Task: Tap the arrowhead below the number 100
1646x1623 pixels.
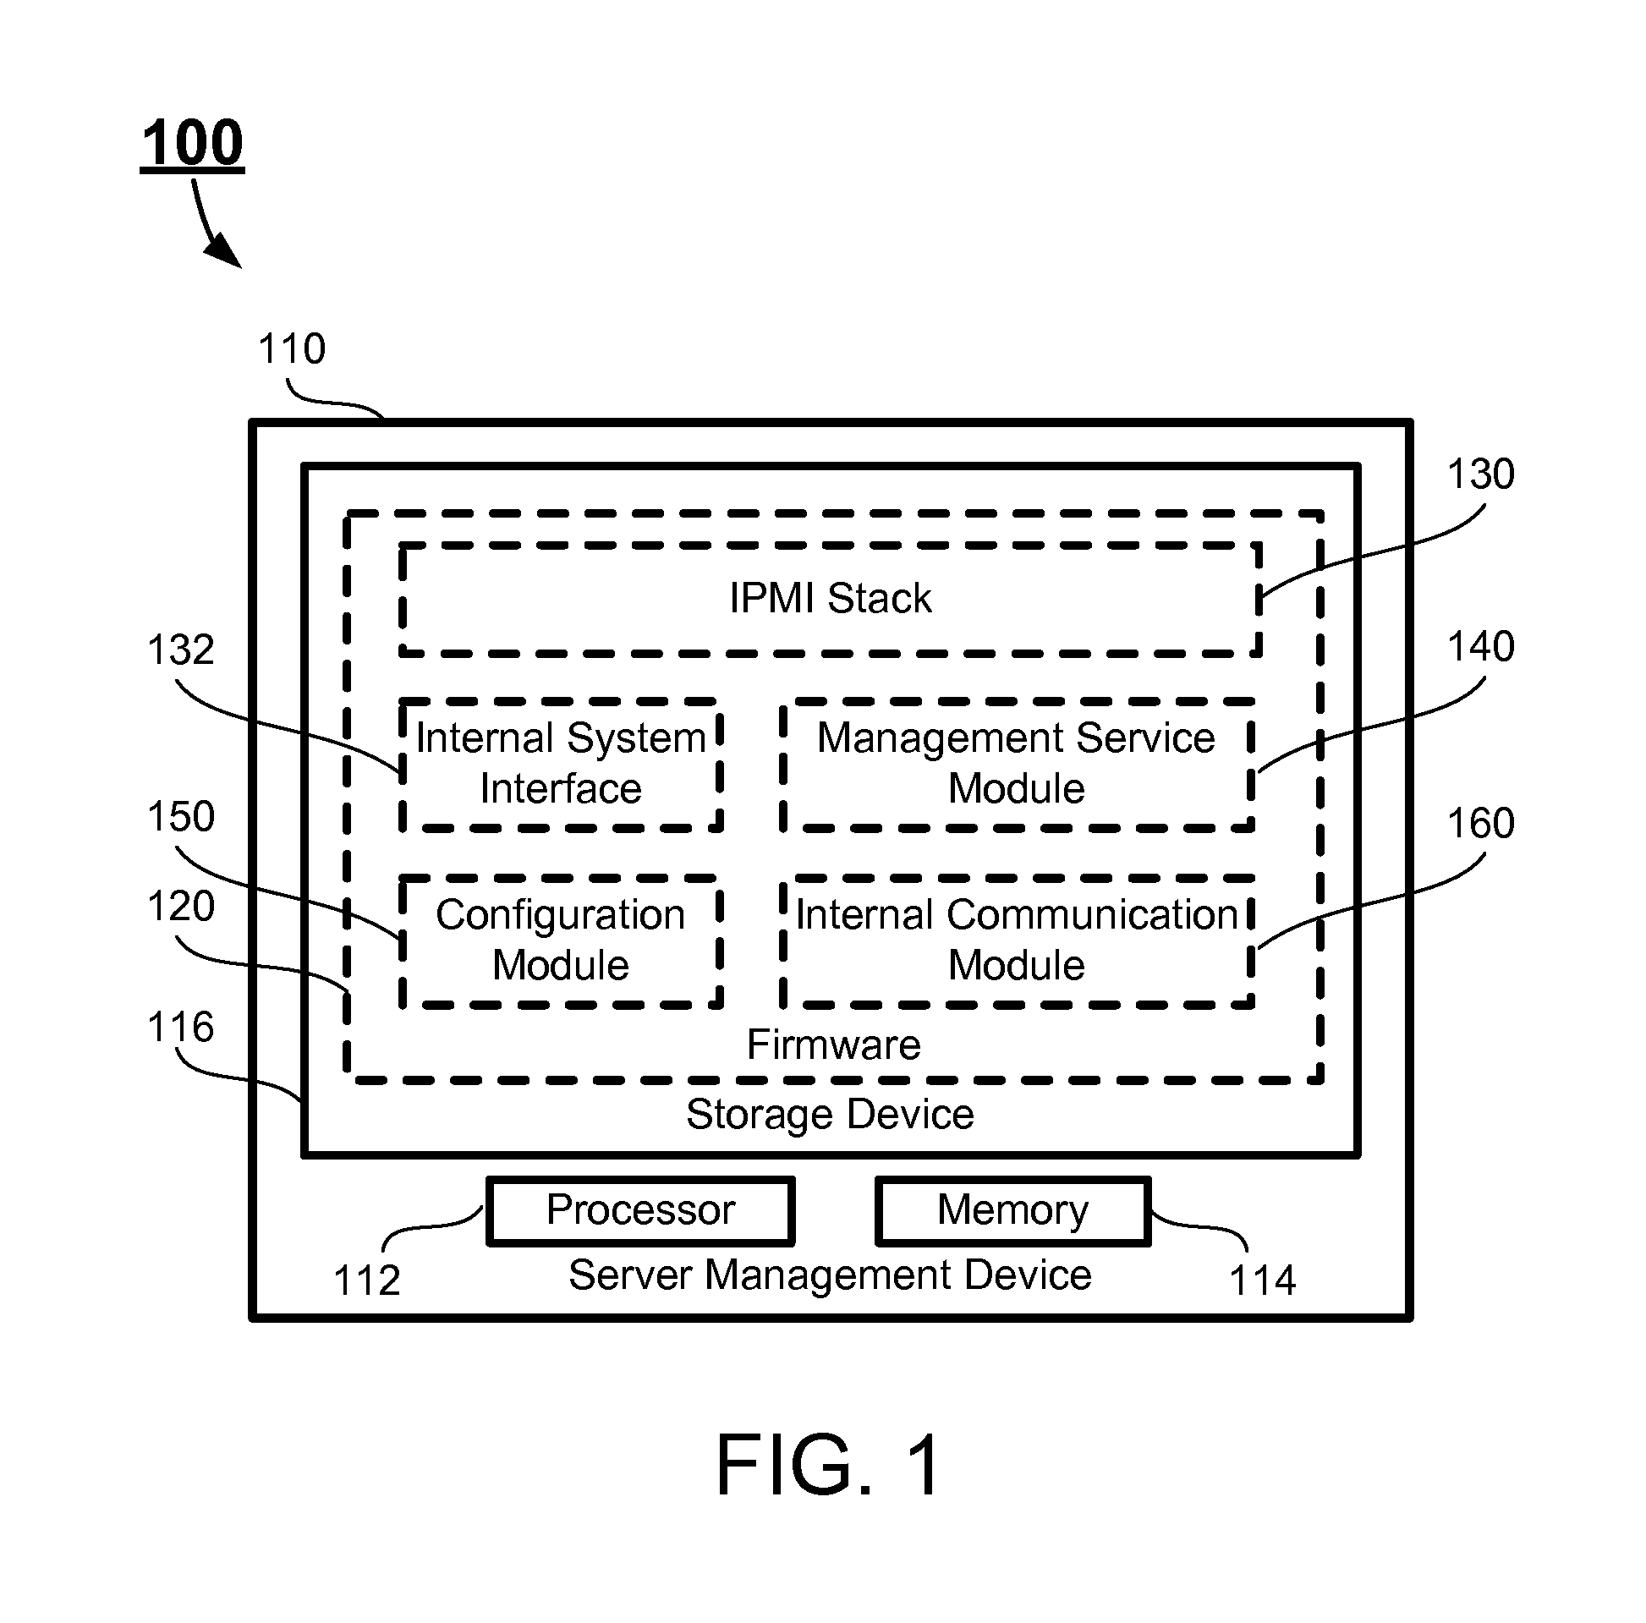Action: click(224, 249)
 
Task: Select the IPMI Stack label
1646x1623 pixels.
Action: click(831, 598)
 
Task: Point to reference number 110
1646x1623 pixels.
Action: click(292, 348)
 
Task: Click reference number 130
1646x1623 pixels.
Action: click(1481, 474)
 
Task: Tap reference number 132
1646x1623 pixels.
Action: click(181, 650)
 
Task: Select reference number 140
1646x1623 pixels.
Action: click(1481, 647)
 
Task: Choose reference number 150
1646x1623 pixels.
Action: click(181, 816)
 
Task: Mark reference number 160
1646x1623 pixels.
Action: click(1481, 824)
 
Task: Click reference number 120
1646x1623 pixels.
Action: click(181, 906)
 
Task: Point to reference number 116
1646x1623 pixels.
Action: click(181, 1027)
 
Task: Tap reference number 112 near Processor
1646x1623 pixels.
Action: click(367, 1280)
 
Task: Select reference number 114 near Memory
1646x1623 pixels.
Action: click(1263, 1280)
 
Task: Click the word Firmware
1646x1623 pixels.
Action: click(833, 1045)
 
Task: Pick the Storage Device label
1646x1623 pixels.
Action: click(830, 1115)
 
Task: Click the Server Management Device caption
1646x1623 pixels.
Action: click(830, 1275)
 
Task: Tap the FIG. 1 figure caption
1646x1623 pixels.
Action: click(828, 1465)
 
